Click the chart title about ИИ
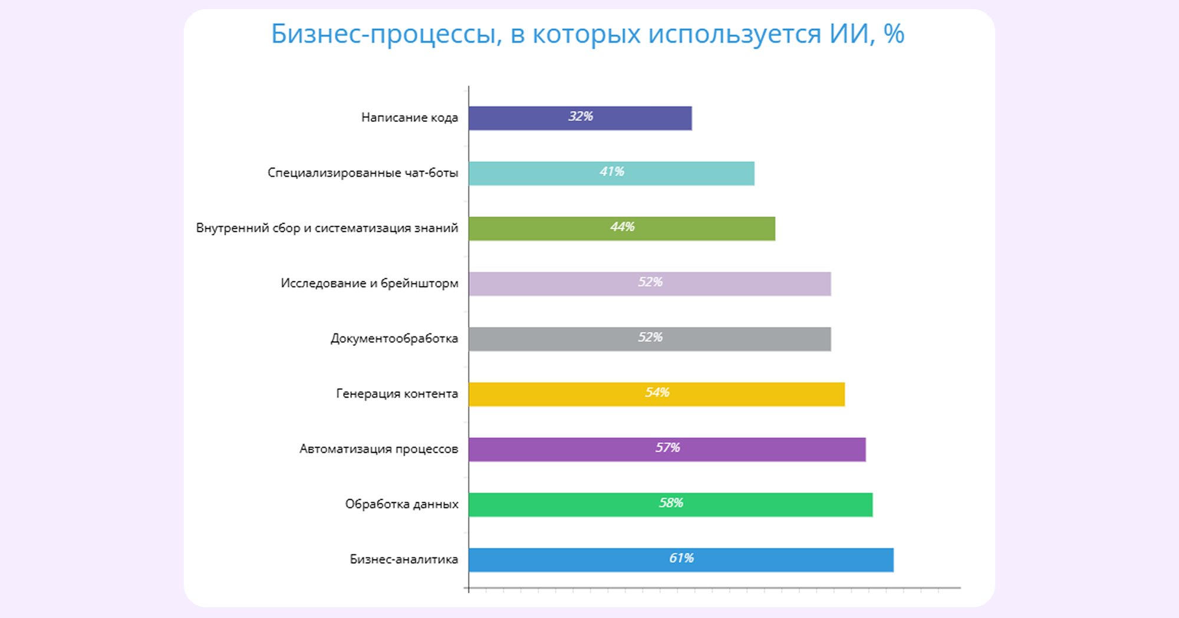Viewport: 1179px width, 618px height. point(587,34)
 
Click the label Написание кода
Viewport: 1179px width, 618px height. point(409,118)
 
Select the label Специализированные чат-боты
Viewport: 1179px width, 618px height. point(363,173)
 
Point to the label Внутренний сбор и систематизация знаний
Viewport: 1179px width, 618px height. point(327,228)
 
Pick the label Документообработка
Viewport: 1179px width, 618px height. point(394,339)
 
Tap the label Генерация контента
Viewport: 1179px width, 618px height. point(397,394)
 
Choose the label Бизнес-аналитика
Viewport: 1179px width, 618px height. point(403,559)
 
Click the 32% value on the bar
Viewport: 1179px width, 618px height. point(581,117)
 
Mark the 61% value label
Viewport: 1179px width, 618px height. point(681,558)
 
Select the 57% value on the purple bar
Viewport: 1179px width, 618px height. point(668,448)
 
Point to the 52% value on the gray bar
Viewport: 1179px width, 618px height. point(650,338)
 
